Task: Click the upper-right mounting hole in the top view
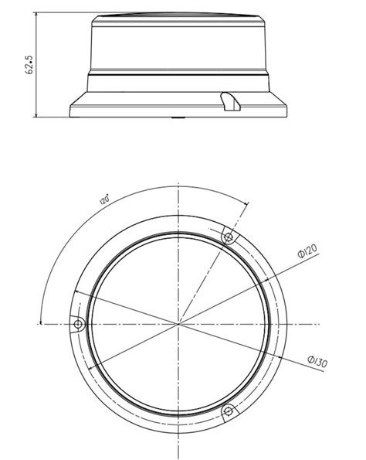point(228,235)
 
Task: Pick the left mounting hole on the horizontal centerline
point(77,322)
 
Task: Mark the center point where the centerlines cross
point(179,322)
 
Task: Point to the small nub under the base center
point(179,118)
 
